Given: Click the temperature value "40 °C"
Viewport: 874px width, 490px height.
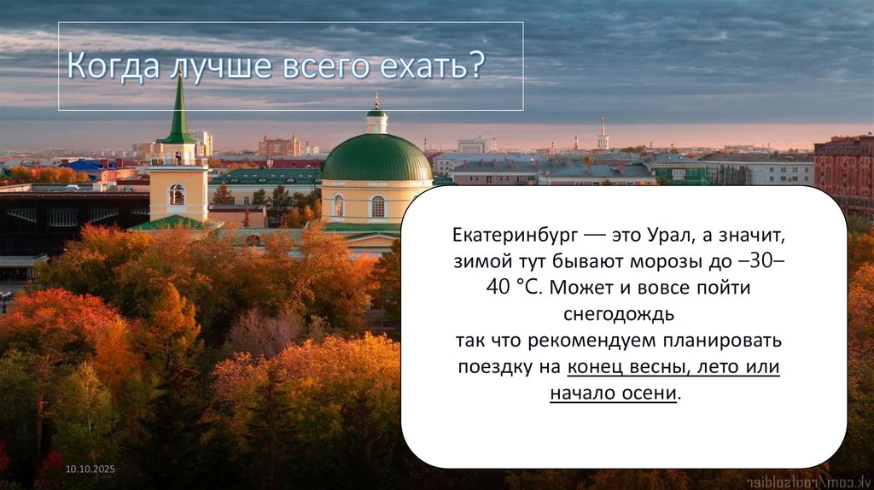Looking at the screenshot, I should click(x=514, y=287).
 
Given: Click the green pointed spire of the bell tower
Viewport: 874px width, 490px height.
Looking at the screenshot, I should click(x=179, y=111).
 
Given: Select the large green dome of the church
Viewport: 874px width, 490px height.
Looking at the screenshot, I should click(x=376, y=158).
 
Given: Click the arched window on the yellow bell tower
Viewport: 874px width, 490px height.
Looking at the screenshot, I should click(x=177, y=195).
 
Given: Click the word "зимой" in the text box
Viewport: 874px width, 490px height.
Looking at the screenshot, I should click(x=478, y=260).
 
